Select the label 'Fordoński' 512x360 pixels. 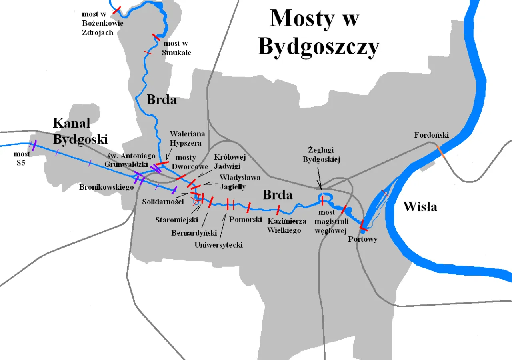click(x=431, y=135)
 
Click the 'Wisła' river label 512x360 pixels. click(x=420, y=206)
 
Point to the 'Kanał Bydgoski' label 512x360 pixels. click(x=80, y=131)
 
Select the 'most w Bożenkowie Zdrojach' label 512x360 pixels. click(x=102, y=24)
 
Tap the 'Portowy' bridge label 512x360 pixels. click(x=362, y=239)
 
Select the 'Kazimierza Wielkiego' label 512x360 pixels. click(x=287, y=226)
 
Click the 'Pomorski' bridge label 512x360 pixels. click(x=245, y=220)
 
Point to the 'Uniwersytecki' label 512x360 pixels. click(x=218, y=245)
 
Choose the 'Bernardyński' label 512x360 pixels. click(x=194, y=233)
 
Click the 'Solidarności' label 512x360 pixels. click(x=163, y=202)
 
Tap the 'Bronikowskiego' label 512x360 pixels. click(x=106, y=187)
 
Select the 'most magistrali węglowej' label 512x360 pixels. click(x=331, y=221)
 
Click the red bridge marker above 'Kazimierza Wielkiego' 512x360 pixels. click(x=278, y=209)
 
